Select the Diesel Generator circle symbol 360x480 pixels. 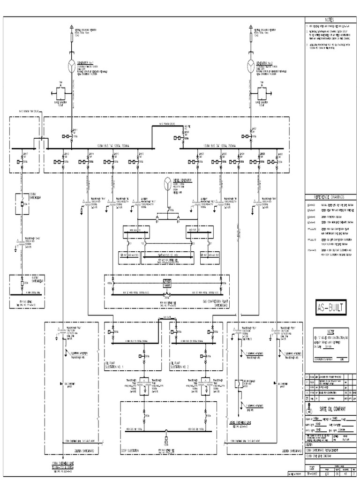(x=166, y=183)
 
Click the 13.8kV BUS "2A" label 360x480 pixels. (x=220, y=146)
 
